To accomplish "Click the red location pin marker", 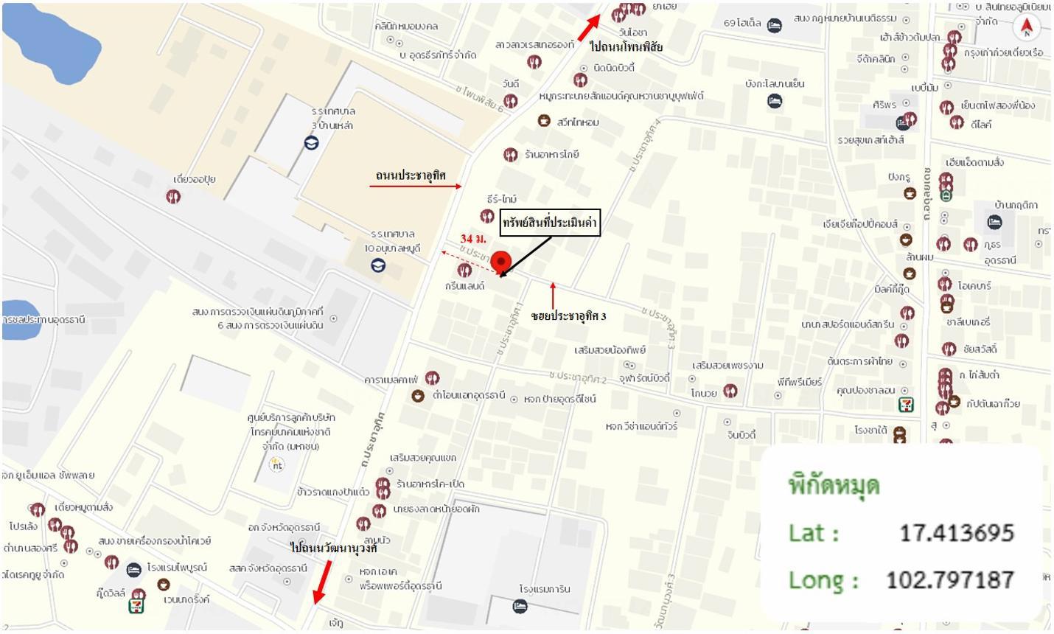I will click(x=501, y=262).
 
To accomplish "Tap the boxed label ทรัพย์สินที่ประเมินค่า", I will click(x=550, y=223).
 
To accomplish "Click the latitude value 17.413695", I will click(x=956, y=532).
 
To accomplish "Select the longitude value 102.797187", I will click(x=949, y=579).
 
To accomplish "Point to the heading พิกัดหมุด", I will click(x=834, y=485).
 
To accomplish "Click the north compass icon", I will click(x=1026, y=27).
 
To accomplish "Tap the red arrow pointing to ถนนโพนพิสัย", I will click(x=588, y=27).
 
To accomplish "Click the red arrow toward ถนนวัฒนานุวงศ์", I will click(x=321, y=582).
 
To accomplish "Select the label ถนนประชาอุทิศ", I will click(x=410, y=175).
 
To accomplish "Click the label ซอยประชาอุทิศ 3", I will click(x=568, y=316).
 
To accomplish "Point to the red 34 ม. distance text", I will click(x=473, y=239).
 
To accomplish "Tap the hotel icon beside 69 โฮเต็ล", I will click(x=774, y=25).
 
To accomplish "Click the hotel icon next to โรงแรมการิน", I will click(x=520, y=606).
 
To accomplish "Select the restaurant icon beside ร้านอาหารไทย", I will click(x=510, y=155).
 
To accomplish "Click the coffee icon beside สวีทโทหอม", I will click(x=543, y=120).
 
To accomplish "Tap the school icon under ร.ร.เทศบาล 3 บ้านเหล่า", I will click(x=312, y=143).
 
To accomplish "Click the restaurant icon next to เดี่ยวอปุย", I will click(x=173, y=196).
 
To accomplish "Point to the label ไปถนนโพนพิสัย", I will click(x=626, y=47).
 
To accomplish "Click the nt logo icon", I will click(x=276, y=465).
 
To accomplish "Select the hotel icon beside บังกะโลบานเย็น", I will click(x=774, y=101).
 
